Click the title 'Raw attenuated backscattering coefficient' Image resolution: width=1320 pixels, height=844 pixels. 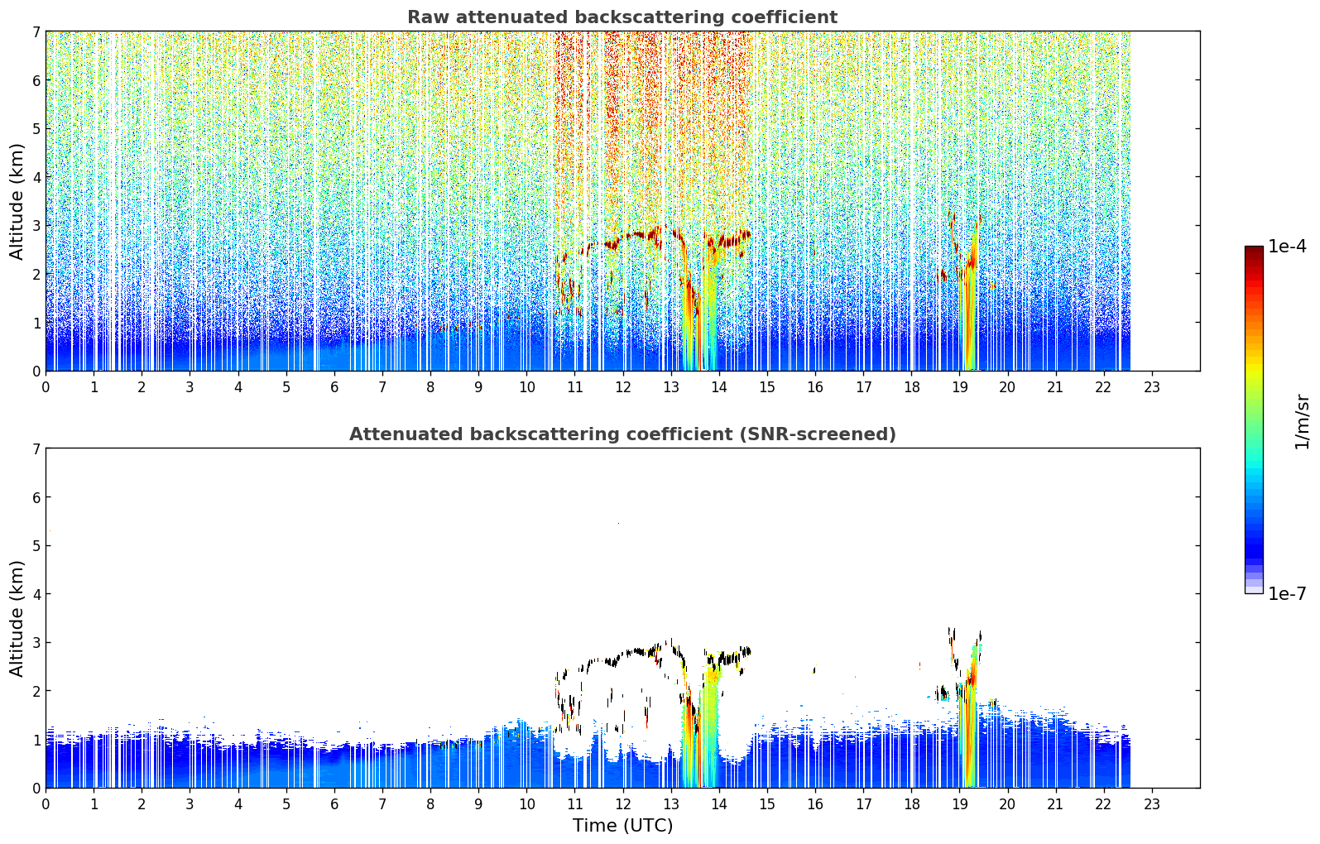[x=622, y=17]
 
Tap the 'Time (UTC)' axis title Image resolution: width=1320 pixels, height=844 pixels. [x=622, y=825]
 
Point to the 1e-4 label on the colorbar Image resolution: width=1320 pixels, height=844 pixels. [x=1287, y=247]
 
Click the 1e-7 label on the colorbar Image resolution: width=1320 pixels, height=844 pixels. [x=1287, y=593]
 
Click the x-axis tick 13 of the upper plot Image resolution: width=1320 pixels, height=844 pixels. [x=671, y=387]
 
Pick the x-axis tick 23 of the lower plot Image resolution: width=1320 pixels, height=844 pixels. [x=1151, y=804]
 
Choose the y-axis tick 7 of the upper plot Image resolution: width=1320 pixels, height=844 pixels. [x=36, y=31]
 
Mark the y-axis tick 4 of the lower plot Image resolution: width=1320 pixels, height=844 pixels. [x=36, y=594]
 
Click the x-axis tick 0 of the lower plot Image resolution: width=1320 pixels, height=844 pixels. [x=46, y=804]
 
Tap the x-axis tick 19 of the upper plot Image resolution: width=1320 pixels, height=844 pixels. [x=959, y=387]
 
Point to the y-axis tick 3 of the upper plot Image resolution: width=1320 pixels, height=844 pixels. [x=36, y=226]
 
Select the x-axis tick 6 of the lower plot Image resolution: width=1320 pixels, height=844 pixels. [x=334, y=804]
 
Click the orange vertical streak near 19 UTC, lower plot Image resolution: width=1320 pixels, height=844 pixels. [x=970, y=725]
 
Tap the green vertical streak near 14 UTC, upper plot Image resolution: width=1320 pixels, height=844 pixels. [x=712, y=313]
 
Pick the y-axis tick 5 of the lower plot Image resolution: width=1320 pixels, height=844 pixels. [x=36, y=546]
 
